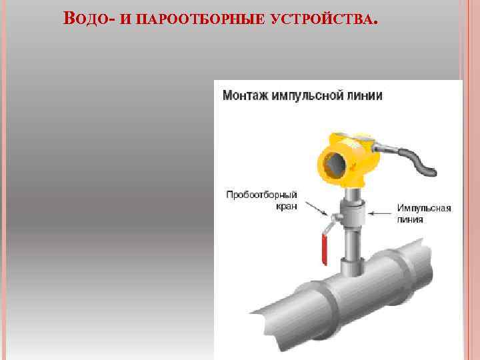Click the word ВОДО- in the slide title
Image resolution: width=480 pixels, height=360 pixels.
click(89, 19)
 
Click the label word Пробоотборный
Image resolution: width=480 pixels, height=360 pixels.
click(262, 195)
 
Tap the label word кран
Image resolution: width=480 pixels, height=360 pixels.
click(287, 206)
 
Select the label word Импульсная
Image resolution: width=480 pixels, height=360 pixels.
click(424, 208)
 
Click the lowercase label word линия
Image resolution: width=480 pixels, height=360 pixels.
click(410, 219)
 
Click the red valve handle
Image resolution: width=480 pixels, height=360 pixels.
click(324, 249)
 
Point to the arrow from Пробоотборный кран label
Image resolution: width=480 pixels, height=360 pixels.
click(317, 209)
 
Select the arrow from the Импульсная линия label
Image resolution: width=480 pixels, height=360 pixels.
click(379, 213)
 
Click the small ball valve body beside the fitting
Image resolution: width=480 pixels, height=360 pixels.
click(337, 217)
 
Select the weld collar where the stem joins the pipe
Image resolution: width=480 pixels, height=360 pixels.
click(353, 266)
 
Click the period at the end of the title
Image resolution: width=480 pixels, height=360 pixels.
click(375, 23)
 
